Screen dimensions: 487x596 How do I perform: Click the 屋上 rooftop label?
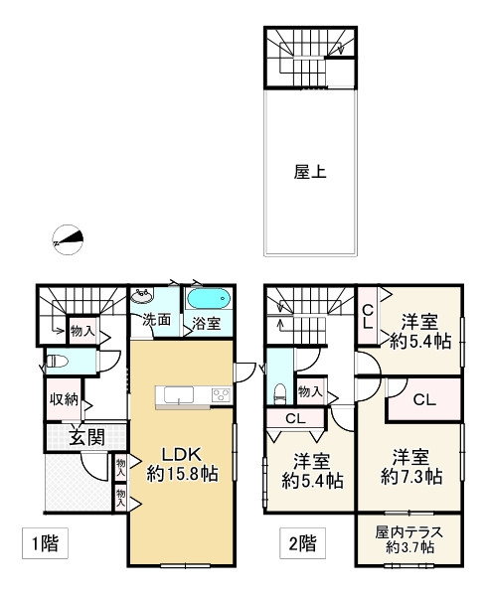coord(310,172)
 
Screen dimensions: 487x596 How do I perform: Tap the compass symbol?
coord(68,239)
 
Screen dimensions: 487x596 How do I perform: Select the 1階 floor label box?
coord(46,542)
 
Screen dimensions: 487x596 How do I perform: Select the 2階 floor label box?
coord(302,542)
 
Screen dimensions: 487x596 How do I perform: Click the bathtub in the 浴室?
coord(209,298)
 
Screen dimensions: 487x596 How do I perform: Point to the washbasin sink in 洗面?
coord(142,296)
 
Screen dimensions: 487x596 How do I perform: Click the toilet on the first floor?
coord(57,361)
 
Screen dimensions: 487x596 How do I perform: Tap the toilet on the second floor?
coord(280,393)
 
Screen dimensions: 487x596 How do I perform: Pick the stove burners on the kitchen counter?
coord(221,395)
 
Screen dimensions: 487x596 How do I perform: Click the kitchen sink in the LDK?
coord(179,395)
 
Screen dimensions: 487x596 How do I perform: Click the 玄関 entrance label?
coord(87,437)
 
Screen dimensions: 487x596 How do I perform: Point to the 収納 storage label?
coord(65,400)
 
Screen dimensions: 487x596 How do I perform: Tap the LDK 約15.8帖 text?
coord(182,464)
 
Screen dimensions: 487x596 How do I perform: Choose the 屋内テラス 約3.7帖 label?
coord(409,539)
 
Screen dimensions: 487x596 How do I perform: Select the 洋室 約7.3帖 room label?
coord(411,467)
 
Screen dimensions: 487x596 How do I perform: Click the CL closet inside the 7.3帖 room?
coord(424,400)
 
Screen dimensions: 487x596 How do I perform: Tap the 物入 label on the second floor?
coord(310,391)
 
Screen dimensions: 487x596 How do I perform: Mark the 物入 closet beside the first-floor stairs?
coord(82,331)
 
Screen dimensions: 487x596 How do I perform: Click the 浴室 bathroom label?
coord(206,324)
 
